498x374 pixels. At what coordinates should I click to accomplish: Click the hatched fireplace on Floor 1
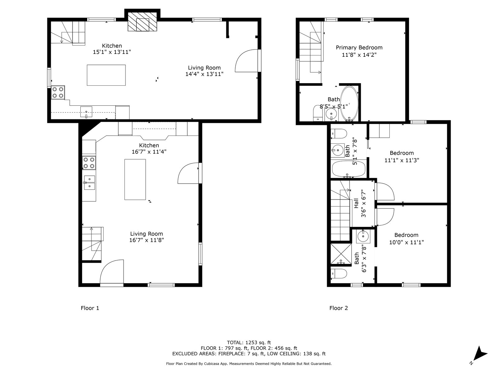[142, 22]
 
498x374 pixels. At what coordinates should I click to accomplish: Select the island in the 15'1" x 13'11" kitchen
[106, 75]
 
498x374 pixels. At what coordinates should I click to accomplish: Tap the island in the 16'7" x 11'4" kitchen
[135, 180]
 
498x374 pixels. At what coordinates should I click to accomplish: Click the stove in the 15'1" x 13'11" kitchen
[58, 93]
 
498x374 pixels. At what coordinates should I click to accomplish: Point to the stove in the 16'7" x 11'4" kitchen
[89, 163]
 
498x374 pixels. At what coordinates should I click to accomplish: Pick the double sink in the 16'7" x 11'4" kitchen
[90, 182]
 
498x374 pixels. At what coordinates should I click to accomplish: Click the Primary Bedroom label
[359, 47]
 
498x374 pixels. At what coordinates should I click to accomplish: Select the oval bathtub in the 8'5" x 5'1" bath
[350, 103]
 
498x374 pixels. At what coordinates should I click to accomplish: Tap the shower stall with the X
[341, 254]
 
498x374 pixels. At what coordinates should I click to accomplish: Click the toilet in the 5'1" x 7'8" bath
[339, 133]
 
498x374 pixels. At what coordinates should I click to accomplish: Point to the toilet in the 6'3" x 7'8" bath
[339, 273]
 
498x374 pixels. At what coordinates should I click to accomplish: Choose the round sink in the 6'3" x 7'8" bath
[364, 236]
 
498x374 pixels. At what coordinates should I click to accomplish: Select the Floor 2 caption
[339, 308]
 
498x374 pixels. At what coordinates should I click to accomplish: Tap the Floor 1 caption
[90, 308]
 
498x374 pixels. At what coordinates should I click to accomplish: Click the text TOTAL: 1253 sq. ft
[249, 343]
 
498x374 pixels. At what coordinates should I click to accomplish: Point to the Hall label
[356, 203]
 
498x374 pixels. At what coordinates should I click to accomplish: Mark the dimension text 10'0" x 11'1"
[406, 242]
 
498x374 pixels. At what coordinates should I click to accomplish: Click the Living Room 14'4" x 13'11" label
[204, 71]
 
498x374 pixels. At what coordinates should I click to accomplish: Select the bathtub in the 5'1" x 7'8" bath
[349, 169]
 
